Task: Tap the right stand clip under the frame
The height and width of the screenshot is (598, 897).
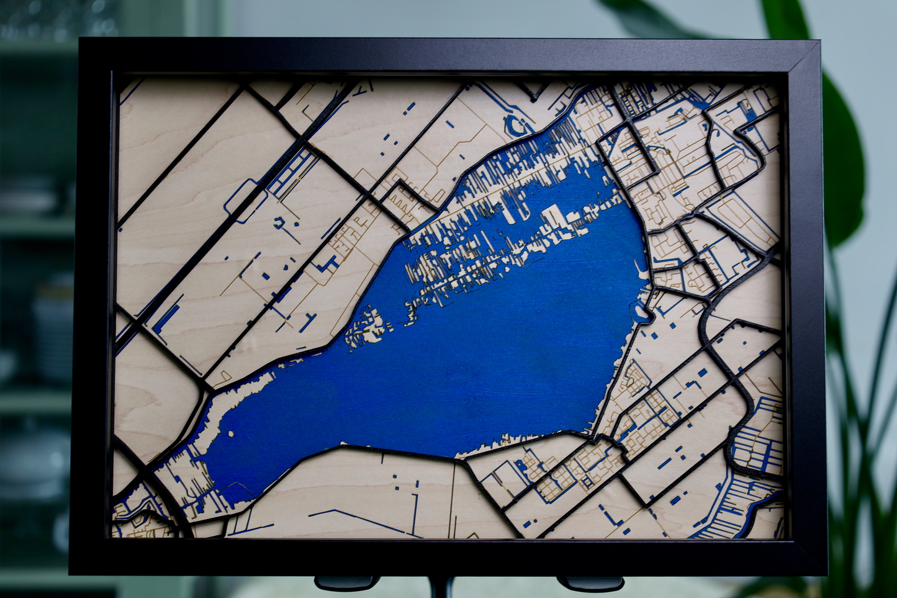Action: coord(590,584)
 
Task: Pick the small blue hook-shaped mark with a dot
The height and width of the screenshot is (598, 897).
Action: coord(281,222)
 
